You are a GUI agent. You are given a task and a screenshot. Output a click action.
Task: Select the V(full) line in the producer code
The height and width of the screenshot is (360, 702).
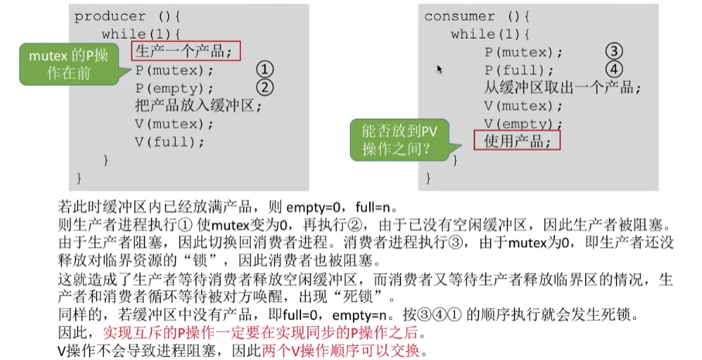click(170, 142)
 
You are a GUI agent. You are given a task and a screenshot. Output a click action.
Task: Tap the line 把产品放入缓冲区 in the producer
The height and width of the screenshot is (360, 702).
click(199, 107)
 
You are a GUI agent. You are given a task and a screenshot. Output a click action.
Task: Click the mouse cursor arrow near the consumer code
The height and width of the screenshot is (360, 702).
click(440, 70)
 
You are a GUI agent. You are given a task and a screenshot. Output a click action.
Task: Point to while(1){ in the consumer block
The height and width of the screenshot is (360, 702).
click(488, 34)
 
